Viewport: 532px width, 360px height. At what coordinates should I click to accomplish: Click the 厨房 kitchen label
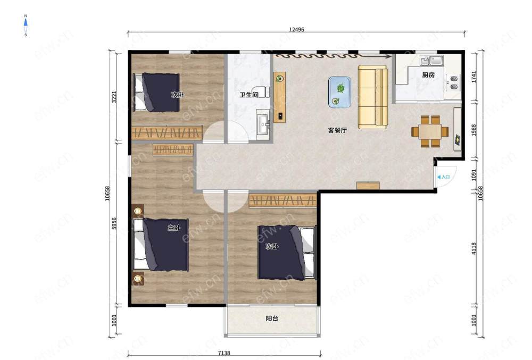pyautogui.click(x=428, y=75)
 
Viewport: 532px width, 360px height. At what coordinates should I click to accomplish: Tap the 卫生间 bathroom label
pyautogui.click(x=249, y=95)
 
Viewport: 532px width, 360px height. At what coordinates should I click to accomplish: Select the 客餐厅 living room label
pyautogui.click(x=337, y=130)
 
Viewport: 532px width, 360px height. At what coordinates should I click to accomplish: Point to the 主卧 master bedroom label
pyautogui.click(x=174, y=228)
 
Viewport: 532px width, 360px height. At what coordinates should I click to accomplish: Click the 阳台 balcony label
pyautogui.click(x=272, y=319)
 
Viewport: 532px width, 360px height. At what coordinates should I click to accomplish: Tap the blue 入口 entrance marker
pyautogui.click(x=444, y=177)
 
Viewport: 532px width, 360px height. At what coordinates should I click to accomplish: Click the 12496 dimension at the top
pyautogui.click(x=296, y=29)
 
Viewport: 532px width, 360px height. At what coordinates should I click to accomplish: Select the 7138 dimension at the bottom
pyautogui.click(x=224, y=353)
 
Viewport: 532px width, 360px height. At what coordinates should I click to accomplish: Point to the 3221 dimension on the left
pyautogui.click(x=114, y=97)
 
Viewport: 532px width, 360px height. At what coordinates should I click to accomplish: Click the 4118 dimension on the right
pyautogui.click(x=474, y=248)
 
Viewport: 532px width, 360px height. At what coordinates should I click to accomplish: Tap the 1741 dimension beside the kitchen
pyautogui.click(x=474, y=77)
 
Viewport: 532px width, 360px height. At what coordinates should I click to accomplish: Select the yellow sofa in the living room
pyautogui.click(x=373, y=97)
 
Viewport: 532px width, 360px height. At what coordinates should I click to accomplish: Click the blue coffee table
pyautogui.click(x=339, y=92)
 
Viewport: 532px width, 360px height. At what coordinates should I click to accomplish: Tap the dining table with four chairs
pyautogui.click(x=430, y=131)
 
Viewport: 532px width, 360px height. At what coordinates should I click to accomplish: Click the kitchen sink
pyautogui.click(x=431, y=60)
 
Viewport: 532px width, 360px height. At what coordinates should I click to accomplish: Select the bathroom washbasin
pyautogui.click(x=263, y=124)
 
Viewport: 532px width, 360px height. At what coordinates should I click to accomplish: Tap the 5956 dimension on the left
pyautogui.click(x=114, y=223)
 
